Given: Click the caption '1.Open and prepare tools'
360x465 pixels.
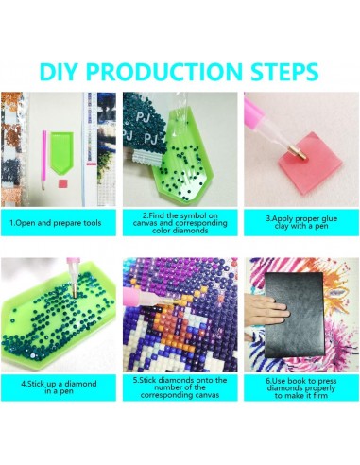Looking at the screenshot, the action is point(56,223).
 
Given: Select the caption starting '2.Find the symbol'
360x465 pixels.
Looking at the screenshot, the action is point(180,223).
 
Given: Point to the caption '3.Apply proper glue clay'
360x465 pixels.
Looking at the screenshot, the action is point(301,222).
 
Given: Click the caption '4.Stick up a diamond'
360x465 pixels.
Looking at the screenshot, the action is point(59,387).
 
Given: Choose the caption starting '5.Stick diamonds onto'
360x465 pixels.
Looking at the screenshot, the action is point(180,387).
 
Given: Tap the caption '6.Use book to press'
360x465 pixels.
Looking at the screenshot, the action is point(301,388).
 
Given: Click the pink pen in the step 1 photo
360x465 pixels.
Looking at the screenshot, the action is point(44,160).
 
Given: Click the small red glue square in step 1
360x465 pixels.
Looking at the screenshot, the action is point(62,183).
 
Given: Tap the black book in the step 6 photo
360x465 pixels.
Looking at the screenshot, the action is point(295,315).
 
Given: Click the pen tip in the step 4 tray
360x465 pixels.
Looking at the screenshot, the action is point(75,295).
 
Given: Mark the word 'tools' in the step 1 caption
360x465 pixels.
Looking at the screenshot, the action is point(93,223).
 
